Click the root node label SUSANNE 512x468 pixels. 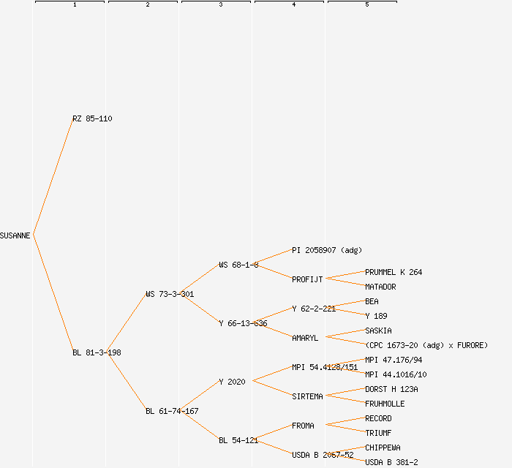pos(15,235)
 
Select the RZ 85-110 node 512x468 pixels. pos(92,118)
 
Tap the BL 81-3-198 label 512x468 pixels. pos(97,352)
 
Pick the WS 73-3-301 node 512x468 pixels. pos(170,294)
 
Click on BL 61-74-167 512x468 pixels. pos(172,411)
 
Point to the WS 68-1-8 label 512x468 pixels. pos(238,265)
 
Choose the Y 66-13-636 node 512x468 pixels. pos(243,323)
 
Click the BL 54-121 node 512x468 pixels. pos(238,440)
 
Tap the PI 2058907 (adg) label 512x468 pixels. pos(327,250)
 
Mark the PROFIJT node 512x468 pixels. pos(307,279)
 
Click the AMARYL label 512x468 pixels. pos(305,338)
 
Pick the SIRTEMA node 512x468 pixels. pos(307,396)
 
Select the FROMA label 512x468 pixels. pos(303,426)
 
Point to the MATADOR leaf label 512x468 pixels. pos(380,287)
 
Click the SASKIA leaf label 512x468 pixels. pos(378,331)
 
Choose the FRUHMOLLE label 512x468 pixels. pos(385,404)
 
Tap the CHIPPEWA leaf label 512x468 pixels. pos(383,448)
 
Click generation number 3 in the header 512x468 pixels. pos(220,5)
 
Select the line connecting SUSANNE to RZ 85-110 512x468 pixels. pos(53,177)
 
